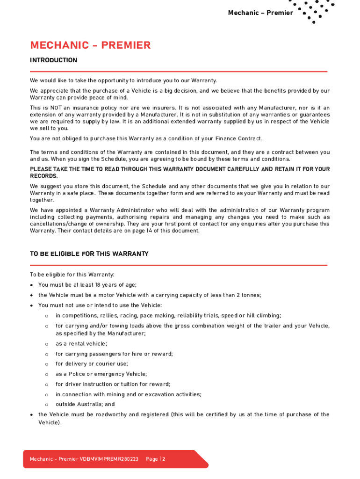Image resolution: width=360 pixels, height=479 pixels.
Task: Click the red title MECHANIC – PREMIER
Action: (x=90, y=45)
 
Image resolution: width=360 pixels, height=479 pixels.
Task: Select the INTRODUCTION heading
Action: (x=54, y=60)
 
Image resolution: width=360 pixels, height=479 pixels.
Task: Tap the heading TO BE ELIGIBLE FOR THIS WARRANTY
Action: (x=89, y=254)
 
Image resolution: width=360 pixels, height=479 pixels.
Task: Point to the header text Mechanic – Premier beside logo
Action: (x=260, y=13)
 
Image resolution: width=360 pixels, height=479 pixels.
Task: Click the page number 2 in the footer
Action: (x=164, y=459)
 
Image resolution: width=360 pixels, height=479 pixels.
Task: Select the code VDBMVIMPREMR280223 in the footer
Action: (x=109, y=459)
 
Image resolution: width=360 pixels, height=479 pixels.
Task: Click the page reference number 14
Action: (x=124, y=231)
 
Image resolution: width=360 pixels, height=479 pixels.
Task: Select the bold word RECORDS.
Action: (x=43, y=176)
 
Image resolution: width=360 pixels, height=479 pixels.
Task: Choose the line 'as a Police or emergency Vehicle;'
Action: (x=101, y=374)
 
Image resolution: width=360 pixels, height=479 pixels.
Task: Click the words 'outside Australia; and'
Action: (x=85, y=405)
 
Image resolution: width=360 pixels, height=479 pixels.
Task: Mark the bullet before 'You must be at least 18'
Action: (x=31, y=285)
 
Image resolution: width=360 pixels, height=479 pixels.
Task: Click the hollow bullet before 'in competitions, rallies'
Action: (x=47, y=316)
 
